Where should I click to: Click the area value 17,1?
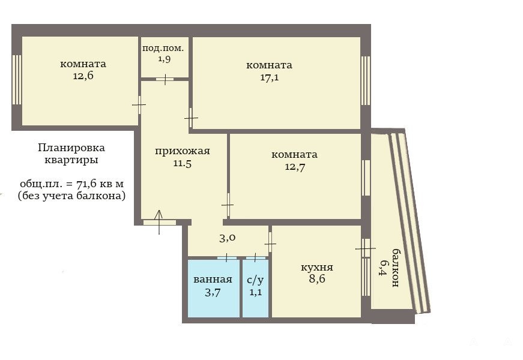point(270,77)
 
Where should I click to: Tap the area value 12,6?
point(83,76)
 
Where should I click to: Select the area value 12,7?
point(295,167)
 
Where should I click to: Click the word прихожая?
point(183,151)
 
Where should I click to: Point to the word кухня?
point(317,268)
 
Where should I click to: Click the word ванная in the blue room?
point(213,280)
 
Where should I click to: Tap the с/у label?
point(255,280)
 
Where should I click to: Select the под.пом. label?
point(163,49)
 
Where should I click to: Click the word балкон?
point(395,268)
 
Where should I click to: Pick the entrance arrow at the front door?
point(159,222)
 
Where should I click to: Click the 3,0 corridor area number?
point(228,238)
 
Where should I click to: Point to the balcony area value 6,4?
point(383,268)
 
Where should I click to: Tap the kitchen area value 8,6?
point(317,278)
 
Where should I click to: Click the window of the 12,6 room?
point(17,80)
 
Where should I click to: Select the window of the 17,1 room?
point(366,80)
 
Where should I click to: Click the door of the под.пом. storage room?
point(165,79)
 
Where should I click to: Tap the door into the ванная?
point(227,257)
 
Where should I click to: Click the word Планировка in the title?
point(71,148)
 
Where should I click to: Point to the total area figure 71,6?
point(88,184)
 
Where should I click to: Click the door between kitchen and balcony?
point(366,248)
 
